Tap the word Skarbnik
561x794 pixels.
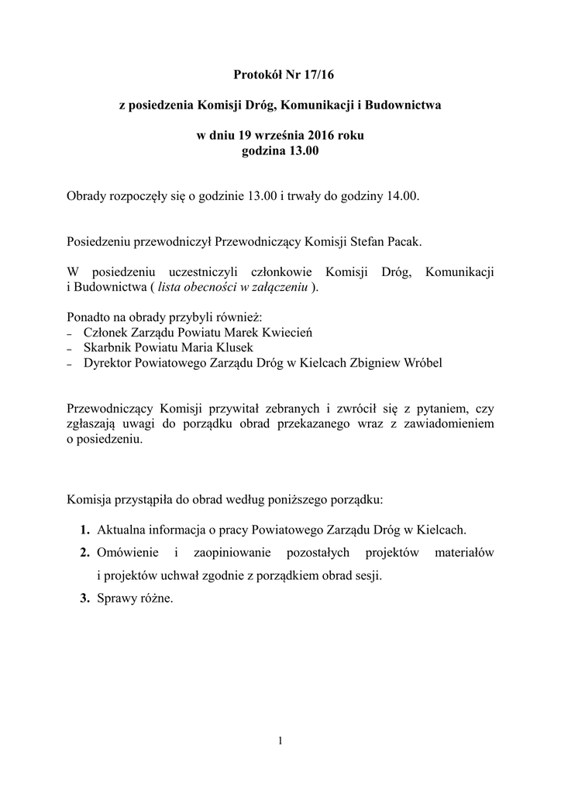pos(106,347)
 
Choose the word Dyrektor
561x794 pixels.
pos(107,362)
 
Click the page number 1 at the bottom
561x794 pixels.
pos(280,740)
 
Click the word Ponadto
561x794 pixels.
pos(90,317)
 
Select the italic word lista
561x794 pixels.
pos(170,287)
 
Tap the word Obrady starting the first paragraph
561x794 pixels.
pos(88,196)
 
